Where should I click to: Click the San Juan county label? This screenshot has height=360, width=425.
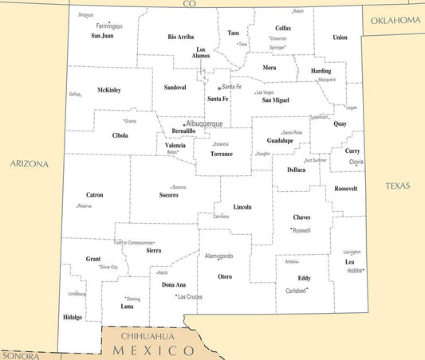[102, 36]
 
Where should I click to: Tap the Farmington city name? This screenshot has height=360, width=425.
[108, 26]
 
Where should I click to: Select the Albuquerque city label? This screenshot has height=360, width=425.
[204, 123]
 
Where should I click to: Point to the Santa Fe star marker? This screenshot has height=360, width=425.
[218, 88]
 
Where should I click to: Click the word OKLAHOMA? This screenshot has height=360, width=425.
[394, 20]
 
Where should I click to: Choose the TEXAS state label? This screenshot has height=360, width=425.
[397, 186]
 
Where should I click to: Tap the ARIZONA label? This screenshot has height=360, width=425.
[30, 164]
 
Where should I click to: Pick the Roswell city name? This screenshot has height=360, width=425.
[301, 230]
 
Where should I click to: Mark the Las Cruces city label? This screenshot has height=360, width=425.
[189, 296]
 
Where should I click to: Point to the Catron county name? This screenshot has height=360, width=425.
[94, 194]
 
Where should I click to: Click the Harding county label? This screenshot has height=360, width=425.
[321, 71]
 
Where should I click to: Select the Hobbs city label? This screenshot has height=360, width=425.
[354, 271]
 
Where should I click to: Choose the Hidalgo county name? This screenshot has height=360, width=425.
[72, 317]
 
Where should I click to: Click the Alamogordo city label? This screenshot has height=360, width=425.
[219, 256]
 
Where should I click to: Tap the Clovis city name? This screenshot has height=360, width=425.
[356, 162]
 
